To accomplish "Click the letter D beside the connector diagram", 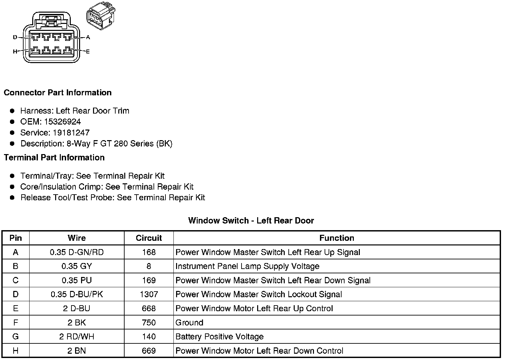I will click(15, 37).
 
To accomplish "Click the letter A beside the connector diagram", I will click(88, 37).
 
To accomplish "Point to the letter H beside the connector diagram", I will click(15, 51).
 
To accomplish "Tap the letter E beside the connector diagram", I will click(88, 51).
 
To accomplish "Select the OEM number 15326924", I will click(62, 122).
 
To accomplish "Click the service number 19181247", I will click(71, 133).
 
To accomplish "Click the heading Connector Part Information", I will click(57, 93).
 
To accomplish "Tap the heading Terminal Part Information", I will click(54, 157).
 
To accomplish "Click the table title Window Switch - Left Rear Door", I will click(251, 221).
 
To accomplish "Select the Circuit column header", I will click(149, 238).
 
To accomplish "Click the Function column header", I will click(337, 238).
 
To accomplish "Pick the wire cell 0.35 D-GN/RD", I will click(77, 252).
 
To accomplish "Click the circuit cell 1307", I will click(149, 294).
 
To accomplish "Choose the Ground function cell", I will click(189, 322).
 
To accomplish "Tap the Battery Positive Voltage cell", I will click(219, 337).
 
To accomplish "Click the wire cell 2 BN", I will click(77, 351).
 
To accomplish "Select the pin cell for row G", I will click(16, 337).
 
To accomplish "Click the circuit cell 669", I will click(149, 351).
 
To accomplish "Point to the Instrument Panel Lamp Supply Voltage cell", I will click(247, 266).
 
